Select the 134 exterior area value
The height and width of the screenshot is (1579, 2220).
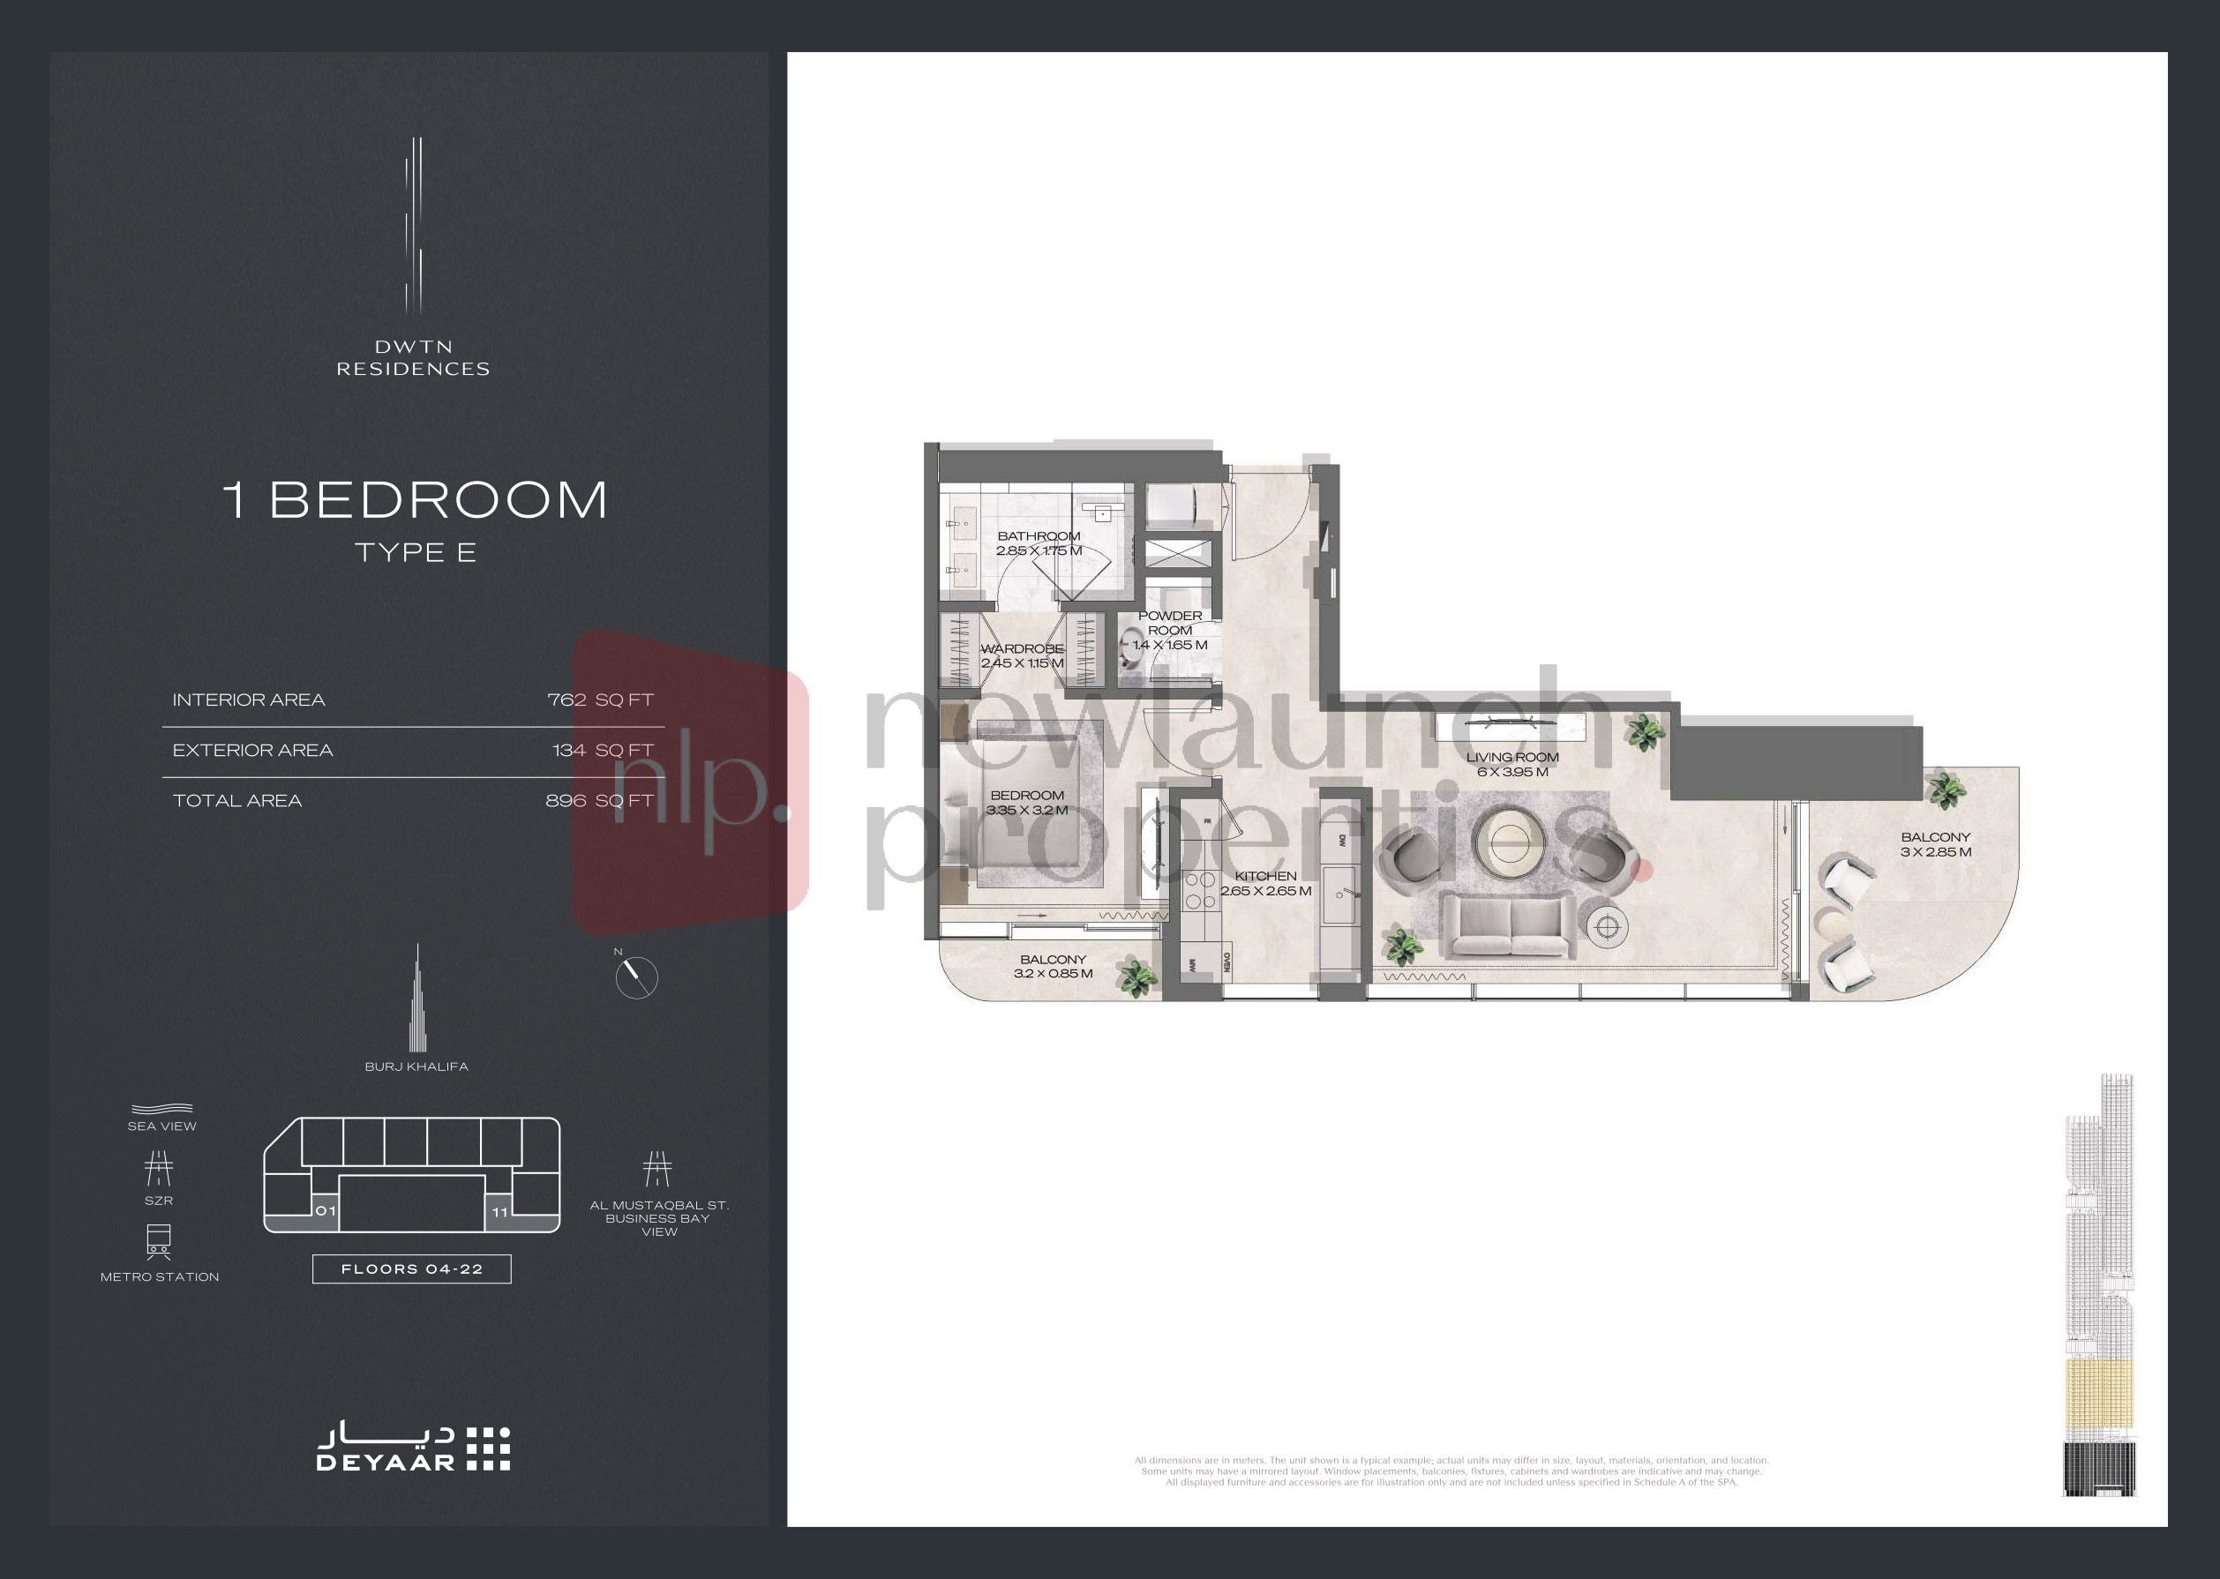tap(569, 751)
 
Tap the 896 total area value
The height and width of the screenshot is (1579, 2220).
tap(566, 801)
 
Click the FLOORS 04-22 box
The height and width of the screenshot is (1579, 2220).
tap(411, 1268)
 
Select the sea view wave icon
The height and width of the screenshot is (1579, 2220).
tap(161, 1110)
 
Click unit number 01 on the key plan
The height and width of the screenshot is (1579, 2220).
tap(326, 1210)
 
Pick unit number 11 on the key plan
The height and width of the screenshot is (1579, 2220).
tap(499, 1211)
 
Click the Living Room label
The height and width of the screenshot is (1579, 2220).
tap(1512, 758)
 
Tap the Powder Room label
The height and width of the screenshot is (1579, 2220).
tap(1170, 622)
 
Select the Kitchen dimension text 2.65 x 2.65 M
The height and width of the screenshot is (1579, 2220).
tap(1265, 891)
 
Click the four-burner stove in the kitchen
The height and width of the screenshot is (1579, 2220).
tap(1199, 890)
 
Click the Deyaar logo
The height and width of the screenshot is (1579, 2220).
tap(413, 1449)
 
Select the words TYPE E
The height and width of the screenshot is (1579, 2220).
tap(416, 553)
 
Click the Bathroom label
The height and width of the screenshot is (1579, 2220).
tap(1039, 536)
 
